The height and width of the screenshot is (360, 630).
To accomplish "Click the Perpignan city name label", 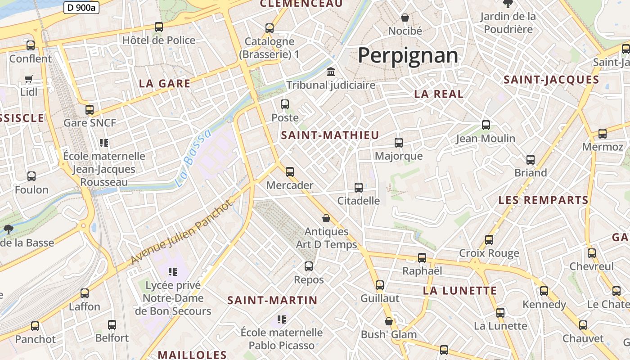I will tap(408, 56).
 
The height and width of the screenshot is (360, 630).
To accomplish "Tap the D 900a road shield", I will tap(81, 8).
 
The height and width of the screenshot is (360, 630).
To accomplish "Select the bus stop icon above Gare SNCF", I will tap(90, 109).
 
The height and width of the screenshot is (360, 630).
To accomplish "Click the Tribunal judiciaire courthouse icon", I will tap(331, 72).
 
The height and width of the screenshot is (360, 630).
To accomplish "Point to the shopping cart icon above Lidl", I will tap(29, 79).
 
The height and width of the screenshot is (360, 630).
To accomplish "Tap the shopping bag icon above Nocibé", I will tap(405, 18).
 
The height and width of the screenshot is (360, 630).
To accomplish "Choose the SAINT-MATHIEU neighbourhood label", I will tap(330, 135).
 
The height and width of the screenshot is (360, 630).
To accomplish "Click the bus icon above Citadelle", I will tap(359, 187).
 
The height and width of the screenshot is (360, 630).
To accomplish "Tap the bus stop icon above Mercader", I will tap(290, 171).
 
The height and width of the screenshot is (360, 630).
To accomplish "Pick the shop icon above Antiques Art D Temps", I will tap(326, 218).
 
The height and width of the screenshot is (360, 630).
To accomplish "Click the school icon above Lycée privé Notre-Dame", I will tap(173, 271).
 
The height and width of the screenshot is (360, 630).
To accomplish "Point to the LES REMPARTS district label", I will tap(543, 200).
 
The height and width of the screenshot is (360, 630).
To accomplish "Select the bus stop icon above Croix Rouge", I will tap(489, 240).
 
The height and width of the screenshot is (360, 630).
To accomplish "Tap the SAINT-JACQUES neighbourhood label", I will tap(551, 80).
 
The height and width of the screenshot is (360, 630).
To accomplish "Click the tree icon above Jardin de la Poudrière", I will tap(508, 4).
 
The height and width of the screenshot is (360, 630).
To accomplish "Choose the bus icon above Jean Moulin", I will tap(486, 125).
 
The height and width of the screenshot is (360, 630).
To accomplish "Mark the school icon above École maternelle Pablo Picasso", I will tap(282, 319).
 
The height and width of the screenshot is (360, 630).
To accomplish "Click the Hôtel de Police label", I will tap(159, 40).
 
